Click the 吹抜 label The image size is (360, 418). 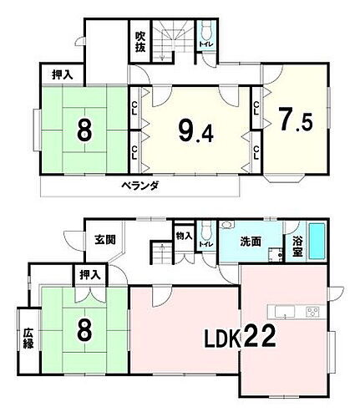(x=141, y=42)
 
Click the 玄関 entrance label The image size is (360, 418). (x=104, y=240)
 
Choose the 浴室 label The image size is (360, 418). (x=297, y=243)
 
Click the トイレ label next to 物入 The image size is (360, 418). (x=205, y=243)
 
